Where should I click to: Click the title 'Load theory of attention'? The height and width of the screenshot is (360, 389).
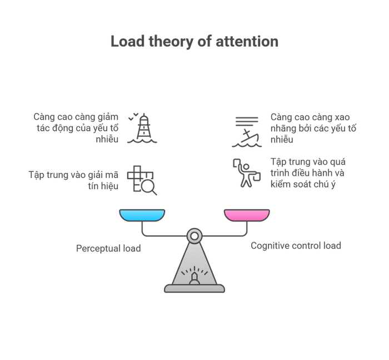[x=194, y=42]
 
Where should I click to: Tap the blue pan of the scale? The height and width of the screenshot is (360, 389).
[x=142, y=214]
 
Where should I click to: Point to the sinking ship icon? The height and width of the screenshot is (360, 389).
[x=245, y=132]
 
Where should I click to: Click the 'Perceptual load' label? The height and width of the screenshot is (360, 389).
[x=108, y=248]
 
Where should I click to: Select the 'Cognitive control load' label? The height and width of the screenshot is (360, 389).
[x=296, y=245]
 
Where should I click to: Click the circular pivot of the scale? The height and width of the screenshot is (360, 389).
[x=194, y=236]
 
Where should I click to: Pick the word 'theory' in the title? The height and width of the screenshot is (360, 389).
[x=161, y=42]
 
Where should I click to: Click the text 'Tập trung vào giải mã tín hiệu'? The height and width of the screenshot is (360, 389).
[x=74, y=180]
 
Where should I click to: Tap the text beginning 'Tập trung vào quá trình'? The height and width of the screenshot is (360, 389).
[x=308, y=173]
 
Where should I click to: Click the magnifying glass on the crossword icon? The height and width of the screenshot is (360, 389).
[x=149, y=188]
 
